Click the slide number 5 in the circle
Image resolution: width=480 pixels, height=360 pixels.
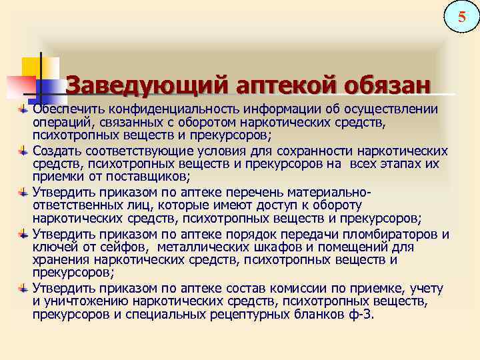(461, 15)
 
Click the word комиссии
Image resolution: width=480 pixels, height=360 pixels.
(324, 289)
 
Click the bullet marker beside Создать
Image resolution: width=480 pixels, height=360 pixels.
(24, 151)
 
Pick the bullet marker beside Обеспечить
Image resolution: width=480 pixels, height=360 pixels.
(24, 109)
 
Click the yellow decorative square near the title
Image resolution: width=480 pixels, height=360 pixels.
(33, 66)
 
